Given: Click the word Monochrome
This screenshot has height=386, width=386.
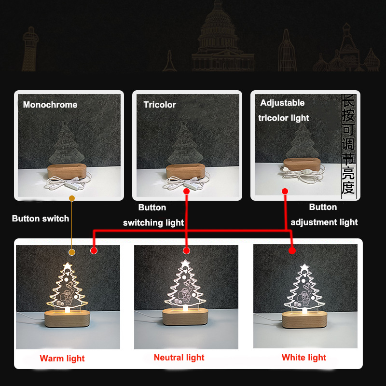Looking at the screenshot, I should pos(50,105).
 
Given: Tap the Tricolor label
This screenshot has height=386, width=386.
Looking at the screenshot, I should pos(160,105).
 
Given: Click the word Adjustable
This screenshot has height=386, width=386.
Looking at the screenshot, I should pos(282,103).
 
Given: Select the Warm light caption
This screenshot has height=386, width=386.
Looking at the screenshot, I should pos(62,358).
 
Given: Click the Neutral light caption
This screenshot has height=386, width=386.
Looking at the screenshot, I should pos(179,358).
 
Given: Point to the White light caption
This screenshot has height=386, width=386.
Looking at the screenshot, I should pos(304,358).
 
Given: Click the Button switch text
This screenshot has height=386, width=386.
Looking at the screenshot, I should pos(41,219).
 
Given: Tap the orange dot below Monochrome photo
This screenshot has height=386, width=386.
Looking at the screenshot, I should pos(72,198).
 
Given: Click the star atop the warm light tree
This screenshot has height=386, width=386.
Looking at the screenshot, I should pos(68,266).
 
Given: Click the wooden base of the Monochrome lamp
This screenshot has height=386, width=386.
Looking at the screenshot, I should pos(68,171).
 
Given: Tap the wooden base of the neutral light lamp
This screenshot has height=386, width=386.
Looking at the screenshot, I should pos(185,317).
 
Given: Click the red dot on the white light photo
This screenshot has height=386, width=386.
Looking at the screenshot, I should pos(291,251).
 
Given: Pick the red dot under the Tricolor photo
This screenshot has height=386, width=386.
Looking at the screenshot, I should pos(186,192).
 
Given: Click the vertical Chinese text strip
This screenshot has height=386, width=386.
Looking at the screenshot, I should pos(348,145).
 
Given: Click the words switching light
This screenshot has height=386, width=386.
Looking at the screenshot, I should pos(153,222).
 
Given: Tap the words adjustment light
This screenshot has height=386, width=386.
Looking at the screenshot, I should pos(324,222).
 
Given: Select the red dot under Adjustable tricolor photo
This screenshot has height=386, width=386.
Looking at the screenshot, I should pos(285,192).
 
